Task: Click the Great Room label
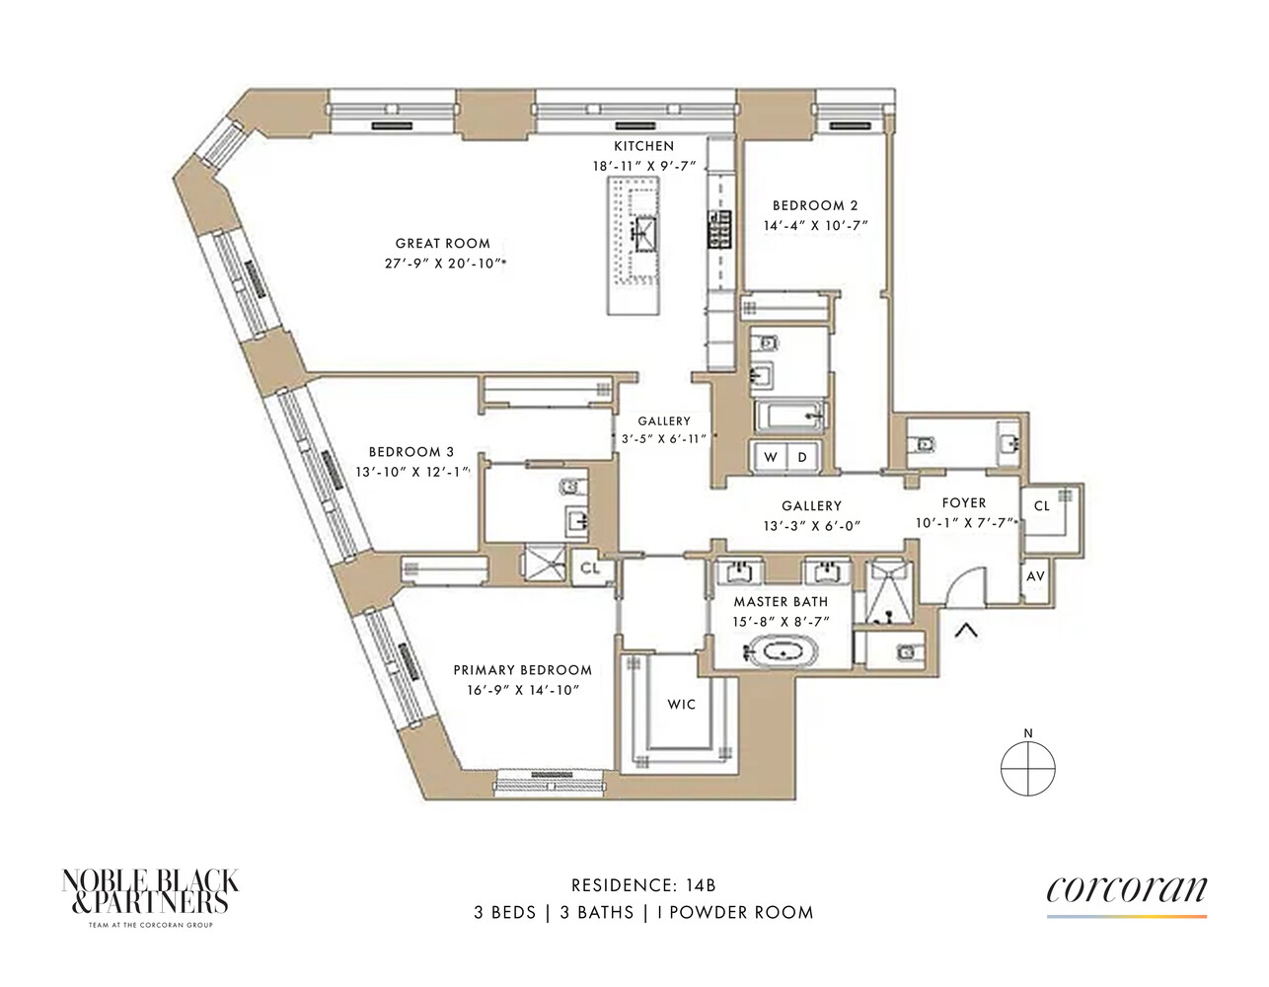click(x=442, y=244)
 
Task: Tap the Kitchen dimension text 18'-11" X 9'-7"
click(x=643, y=167)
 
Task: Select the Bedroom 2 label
click(x=815, y=206)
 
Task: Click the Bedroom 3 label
click(x=411, y=452)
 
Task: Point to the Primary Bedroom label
click(x=522, y=670)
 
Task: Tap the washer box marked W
click(x=771, y=458)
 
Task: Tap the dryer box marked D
click(x=802, y=458)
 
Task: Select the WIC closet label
click(x=681, y=705)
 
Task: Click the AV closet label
click(x=1035, y=576)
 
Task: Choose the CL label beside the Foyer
click(x=1042, y=506)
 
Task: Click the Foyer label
click(x=963, y=503)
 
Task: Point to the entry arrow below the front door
click(x=966, y=629)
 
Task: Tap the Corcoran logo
click(x=1126, y=892)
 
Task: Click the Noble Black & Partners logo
click(x=150, y=894)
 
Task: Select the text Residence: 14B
click(x=643, y=885)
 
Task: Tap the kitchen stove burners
click(x=718, y=229)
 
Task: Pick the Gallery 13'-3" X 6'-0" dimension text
click(x=811, y=526)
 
